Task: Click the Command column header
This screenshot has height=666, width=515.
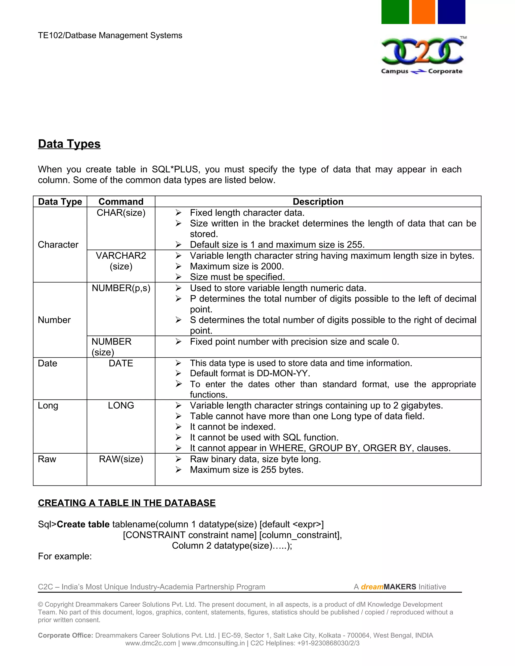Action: point(121,202)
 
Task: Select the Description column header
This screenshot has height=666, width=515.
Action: point(318,202)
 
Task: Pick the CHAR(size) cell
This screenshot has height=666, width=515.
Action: point(121,213)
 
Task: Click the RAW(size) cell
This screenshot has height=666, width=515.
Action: point(121,459)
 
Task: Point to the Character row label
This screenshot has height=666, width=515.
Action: point(58,245)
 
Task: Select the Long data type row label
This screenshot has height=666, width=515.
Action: point(48,406)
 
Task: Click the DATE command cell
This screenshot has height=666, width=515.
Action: point(121,363)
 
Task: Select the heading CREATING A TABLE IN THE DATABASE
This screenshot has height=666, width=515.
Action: point(127,503)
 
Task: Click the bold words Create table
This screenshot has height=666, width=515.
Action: point(83,524)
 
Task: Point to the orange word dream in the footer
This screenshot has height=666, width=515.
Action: point(372,587)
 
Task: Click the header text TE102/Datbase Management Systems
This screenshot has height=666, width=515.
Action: point(110,35)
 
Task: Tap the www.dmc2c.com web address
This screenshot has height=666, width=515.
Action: point(150,643)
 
